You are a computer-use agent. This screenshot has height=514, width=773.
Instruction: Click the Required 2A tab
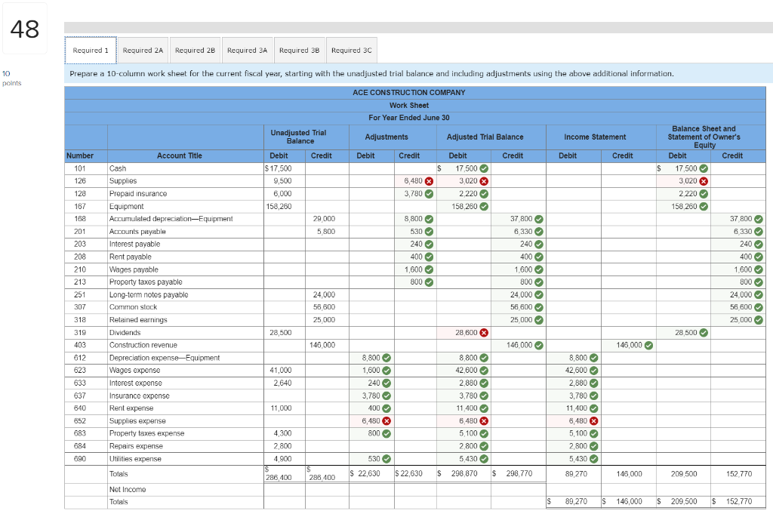(143, 51)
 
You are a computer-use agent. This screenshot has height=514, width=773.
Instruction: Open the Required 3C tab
(352, 51)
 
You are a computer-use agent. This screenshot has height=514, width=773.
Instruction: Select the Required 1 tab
(91, 51)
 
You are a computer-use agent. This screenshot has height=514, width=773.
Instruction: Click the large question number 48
(25, 29)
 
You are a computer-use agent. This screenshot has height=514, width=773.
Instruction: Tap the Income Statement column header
(595, 137)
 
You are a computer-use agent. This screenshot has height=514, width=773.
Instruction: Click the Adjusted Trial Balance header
(485, 137)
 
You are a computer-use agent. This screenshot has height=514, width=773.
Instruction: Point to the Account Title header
(180, 155)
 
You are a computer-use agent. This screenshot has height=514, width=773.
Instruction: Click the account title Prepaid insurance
(138, 194)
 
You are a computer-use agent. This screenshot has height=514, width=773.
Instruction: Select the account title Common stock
(133, 307)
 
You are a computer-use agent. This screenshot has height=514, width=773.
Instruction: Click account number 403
(80, 345)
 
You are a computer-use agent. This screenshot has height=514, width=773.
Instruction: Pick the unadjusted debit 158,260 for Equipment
(279, 207)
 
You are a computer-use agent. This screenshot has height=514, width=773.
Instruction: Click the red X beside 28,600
(484, 333)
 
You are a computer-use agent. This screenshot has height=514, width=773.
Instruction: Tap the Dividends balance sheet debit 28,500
(685, 333)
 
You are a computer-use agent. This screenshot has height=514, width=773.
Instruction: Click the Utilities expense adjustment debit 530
(374, 459)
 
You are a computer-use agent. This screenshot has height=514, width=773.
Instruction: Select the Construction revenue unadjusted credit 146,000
(322, 345)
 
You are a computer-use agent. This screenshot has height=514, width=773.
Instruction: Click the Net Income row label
(128, 489)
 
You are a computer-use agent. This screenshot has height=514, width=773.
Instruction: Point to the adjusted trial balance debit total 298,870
(464, 473)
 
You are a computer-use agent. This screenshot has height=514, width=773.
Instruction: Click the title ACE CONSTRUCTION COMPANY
(409, 93)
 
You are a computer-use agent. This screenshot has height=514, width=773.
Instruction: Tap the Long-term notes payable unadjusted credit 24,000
(324, 294)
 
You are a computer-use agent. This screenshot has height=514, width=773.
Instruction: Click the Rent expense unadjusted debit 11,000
(281, 408)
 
